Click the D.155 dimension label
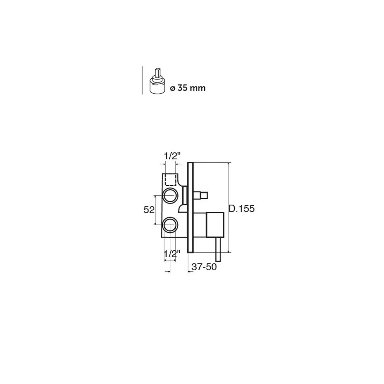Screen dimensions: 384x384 [x=242, y=209]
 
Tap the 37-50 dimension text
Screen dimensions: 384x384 [x=204, y=267]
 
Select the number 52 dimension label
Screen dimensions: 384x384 [x=149, y=210]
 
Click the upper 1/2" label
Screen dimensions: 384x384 [x=172, y=156]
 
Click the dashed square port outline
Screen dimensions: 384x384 [x=171, y=180]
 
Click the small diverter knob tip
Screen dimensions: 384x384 [x=204, y=195]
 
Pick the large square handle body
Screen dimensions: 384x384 [x=215, y=225]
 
